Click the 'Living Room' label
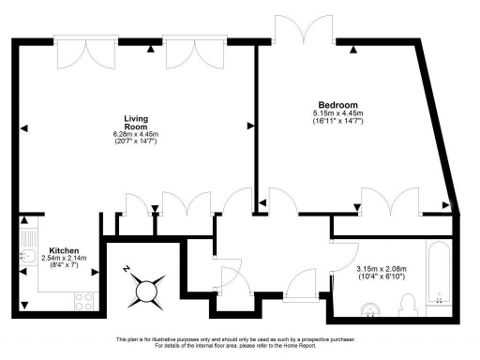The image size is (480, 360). pos(138,122)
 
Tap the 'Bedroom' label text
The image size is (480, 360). pos(337,104)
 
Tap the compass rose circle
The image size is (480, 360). pos(146,292)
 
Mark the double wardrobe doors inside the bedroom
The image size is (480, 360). pos(394,201)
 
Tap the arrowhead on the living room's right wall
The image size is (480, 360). pos(249,124)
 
